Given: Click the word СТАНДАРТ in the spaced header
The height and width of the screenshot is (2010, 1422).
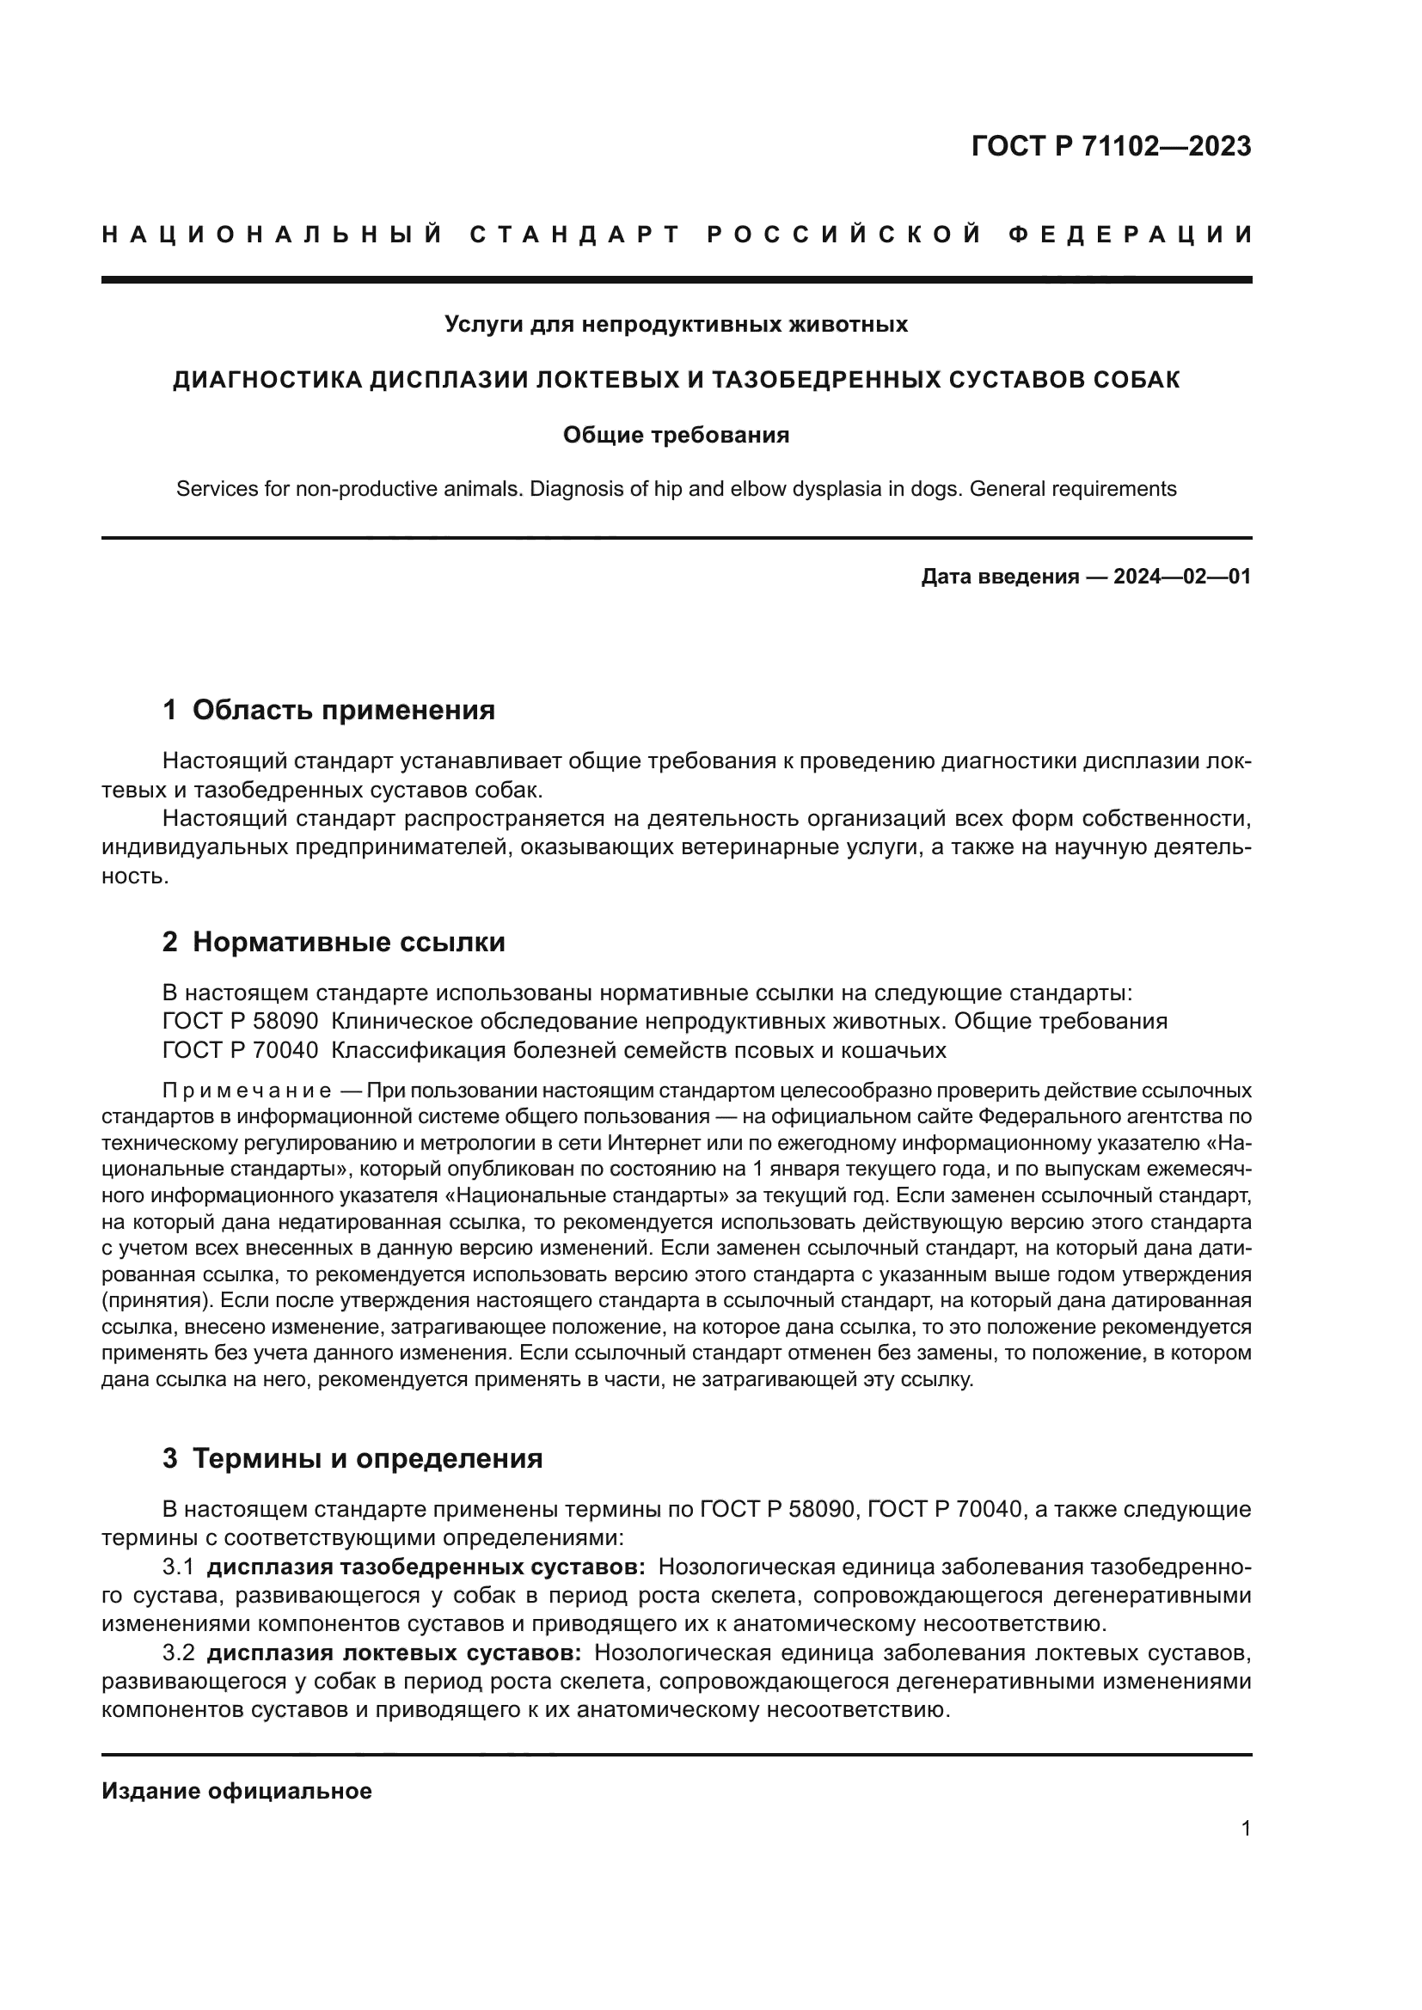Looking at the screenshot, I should [x=575, y=235].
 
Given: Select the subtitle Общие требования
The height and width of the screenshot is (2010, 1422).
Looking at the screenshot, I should [x=675, y=435].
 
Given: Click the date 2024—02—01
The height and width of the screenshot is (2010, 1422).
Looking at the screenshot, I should [x=1181, y=577].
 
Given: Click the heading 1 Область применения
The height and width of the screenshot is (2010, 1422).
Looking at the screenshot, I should [x=328, y=709].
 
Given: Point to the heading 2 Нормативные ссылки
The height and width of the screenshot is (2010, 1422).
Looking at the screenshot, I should [x=334, y=942].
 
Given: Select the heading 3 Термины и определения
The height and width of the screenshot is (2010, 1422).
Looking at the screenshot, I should [x=352, y=1458].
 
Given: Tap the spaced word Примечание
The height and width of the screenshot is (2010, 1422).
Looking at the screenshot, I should [x=247, y=1091].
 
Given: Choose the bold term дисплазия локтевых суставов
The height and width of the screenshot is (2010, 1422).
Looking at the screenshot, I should [x=393, y=1653].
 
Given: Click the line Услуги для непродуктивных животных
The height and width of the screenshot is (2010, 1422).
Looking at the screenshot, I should [x=675, y=325].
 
